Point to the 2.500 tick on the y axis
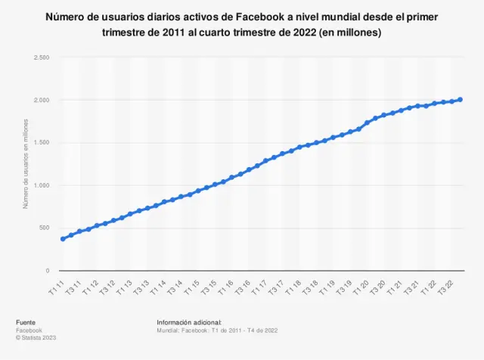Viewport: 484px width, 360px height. click(42, 57)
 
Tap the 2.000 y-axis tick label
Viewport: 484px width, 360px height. click(42, 100)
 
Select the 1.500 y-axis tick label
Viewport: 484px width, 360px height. click(42, 143)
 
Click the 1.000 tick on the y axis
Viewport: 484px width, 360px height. click(42, 185)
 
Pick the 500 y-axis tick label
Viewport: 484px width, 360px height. click(44, 228)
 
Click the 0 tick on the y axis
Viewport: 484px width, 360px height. click(48, 271)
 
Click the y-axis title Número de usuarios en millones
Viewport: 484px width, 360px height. click(25, 164)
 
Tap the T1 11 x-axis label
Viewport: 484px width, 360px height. click(57, 287)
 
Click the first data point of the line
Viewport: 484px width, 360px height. click(63, 239)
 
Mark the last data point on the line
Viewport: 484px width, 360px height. click(460, 100)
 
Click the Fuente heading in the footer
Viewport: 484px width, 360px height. click(26, 323)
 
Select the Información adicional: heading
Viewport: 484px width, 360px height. click(189, 323)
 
